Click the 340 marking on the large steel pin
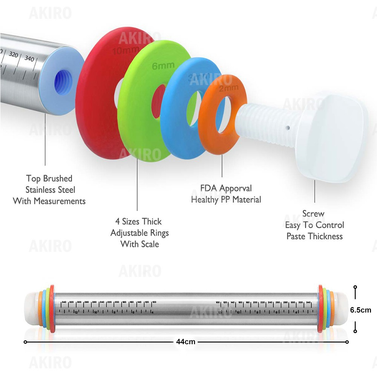[29, 58]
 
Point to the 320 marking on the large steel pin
[13, 55]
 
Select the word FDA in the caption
[209, 188]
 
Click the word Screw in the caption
[313, 214]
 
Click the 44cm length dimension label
[185, 342]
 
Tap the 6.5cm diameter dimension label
[361, 310]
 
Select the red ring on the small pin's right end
[320, 307]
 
